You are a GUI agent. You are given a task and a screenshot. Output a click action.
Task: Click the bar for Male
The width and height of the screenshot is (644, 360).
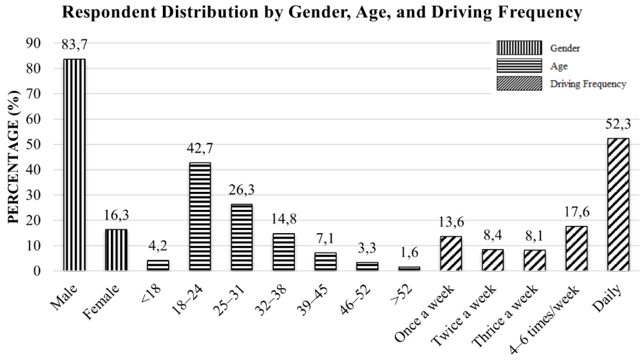(74, 164)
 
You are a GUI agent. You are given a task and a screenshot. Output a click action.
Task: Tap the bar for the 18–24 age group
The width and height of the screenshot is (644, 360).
(200, 216)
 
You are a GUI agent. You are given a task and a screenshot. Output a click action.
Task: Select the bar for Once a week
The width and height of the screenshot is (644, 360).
(451, 253)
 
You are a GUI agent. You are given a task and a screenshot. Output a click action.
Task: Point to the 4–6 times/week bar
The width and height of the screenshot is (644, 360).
(576, 248)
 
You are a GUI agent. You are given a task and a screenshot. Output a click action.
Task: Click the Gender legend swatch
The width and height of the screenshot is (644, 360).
(518, 48)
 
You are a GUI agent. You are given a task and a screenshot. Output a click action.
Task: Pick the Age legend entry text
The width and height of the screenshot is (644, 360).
(558, 66)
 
